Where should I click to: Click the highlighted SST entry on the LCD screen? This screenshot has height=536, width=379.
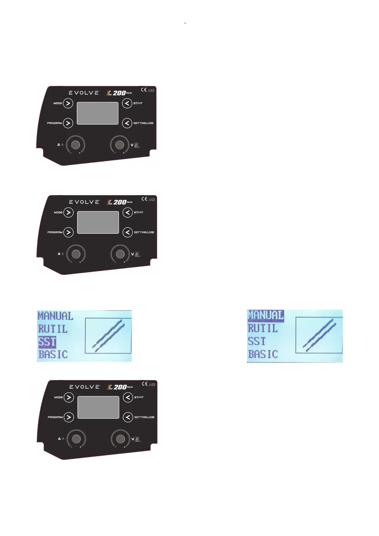pyautogui.click(x=47, y=342)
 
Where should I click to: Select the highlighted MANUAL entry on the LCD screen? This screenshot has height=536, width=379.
pyautogui.click(x=266, y=315)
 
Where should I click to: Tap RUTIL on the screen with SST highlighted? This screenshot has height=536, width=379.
pyautogui.click(x=53, y=329)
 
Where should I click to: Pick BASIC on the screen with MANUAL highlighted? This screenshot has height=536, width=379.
pyautogui.click(x=263, y=354)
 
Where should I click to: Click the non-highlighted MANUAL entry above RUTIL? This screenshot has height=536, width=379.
pyautogui.click(x=55, y=316)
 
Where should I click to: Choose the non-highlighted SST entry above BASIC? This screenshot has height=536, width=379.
pyautogui.click(x=256, y=341)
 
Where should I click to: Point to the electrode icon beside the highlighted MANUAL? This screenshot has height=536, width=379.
pyautogui.click(x=319, y=335)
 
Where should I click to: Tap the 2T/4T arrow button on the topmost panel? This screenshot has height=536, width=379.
pyautogui.click(x=127, y=103)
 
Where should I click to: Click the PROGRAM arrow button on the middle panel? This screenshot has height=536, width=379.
pyautogui.click(x=68, y=232)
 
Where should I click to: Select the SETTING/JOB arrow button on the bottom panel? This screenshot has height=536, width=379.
pyautogui.click(x=128, y=417)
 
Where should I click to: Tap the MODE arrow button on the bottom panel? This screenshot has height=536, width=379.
pyautogui.click(x=69, y=397)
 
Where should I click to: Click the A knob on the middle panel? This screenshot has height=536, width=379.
pyautogui.click(x=76, y=254)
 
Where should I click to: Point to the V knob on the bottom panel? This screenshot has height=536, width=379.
pyautogui.click(x=120, y=439)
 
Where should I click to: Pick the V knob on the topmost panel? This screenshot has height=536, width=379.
pyautogui.click(x=119, y=145)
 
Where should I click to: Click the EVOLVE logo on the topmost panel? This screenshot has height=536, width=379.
pyautogui.click(x=84, y=93)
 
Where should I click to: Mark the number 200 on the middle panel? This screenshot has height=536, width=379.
pyautogui.click(x=120, y=202)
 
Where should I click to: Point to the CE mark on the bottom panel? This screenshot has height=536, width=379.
pyautogui.click(x=144, y=384)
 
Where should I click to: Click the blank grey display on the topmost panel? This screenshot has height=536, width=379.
pyautogui.click(x=98, y=113)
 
